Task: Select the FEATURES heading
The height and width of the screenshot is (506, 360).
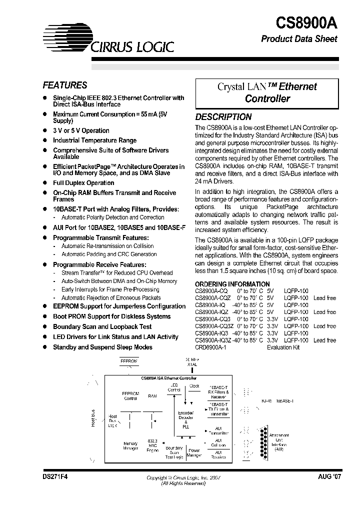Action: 64,85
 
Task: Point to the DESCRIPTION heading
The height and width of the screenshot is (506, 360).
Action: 223,117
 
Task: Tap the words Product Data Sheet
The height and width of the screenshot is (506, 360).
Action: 299,39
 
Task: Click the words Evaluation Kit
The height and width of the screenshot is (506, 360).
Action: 283,347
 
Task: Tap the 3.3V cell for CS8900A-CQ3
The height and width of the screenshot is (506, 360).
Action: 272,319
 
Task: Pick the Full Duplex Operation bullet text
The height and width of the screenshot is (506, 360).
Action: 83,183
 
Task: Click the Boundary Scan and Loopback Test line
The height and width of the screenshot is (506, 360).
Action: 102,326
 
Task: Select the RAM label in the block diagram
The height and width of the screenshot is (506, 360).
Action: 152,395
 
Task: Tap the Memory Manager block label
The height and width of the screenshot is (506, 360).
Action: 130,446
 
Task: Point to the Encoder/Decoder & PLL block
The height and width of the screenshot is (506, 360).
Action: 186,420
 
